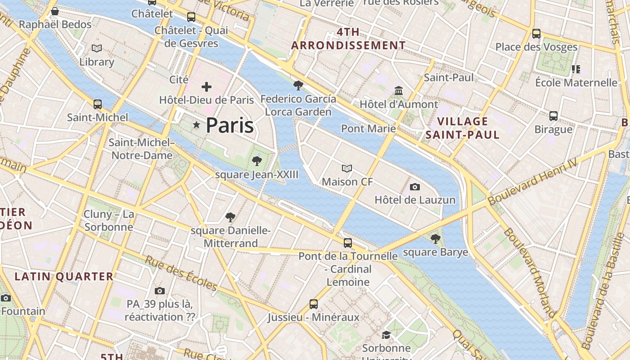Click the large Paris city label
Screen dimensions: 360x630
[x=229, y=125]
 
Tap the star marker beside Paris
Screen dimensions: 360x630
[x=196, y=125]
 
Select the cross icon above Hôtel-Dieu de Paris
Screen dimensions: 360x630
[x=207, y=86]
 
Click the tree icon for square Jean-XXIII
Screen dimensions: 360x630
[x=256, y=161]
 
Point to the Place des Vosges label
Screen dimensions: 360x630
[x=536, y=47]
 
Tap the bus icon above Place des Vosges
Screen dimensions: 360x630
[x=536, y=33]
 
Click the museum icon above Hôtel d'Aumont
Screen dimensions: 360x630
[x=399, y=91]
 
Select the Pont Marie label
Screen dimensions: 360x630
[x=368, y=129]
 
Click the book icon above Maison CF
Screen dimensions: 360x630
[x=347, y=168]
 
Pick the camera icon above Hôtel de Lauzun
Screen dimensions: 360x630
[x=415, y=187]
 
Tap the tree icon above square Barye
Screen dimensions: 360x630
[x=435, y=238]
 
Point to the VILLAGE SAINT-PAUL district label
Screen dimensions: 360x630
[x=463, y=128]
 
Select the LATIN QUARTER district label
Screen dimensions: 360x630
[x=64, y=276]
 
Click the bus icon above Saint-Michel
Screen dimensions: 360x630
[x=98, y=104]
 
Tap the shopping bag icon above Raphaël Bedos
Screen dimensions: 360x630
[x=55, y=11]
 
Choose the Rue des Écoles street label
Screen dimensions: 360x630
[x=181, y=273]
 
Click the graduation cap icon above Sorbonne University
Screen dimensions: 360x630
[x=386, y=335]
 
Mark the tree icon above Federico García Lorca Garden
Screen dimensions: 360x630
[x=298, y=85]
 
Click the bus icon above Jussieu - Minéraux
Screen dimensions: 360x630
[x=314, y=304]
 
